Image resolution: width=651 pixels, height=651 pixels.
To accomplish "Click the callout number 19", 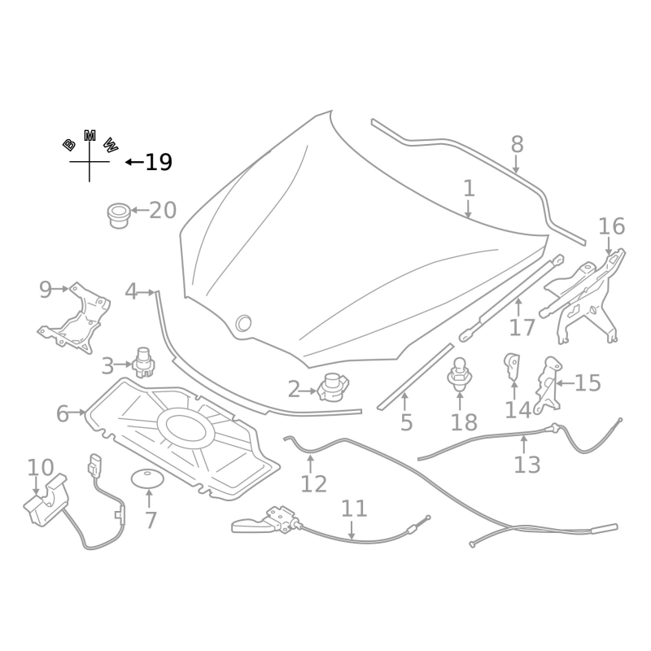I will pos(159,163).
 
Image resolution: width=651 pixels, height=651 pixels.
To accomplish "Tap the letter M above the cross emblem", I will pos(90,135).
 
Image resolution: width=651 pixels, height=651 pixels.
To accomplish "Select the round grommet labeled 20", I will pos(119,215).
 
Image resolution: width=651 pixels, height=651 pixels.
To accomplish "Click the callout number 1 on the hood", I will pos(469,189).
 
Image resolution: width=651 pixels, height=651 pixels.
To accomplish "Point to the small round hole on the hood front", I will pos(243,323).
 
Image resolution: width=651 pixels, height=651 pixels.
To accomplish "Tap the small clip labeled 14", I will pos(513,365).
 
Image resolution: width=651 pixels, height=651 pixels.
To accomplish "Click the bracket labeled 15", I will pos(548,382).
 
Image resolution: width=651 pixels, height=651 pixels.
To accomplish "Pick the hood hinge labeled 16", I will pos(590,293).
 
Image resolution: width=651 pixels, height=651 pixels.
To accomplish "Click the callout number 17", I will pos(522,327).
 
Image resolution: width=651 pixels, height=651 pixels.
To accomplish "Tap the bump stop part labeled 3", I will pos(145,362).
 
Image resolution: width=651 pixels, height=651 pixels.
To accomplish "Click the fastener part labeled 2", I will pos(332,387).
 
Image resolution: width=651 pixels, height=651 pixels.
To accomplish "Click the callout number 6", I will pos(63,413).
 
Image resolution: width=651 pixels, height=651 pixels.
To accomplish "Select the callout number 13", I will pos(526,465).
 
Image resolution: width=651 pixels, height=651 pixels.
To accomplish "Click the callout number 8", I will pos(517,145).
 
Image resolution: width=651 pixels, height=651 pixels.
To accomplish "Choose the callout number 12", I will pos(313,484).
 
